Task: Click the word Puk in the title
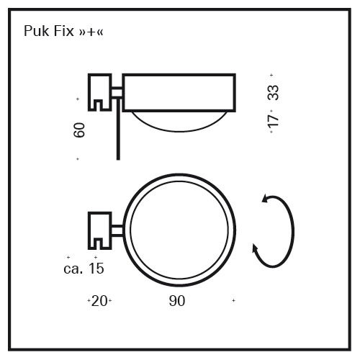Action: click(36, 31)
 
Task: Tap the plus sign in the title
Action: click(91, 32)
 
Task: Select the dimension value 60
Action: click(79, 130)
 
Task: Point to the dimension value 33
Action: click(273, 93)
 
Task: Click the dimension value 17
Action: click(273, 122)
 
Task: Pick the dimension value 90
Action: click(177, 301)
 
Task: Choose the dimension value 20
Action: click(99, 301)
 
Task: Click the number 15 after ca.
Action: click(96, 269)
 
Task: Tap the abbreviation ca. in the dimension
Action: click(73, 269)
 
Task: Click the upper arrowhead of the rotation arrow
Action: click(266, 199)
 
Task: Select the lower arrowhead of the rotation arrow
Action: click(255, 248)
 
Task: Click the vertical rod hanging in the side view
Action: click(118, 129)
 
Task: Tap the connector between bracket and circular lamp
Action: click(117, 230)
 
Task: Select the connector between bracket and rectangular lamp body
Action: click(117, 93)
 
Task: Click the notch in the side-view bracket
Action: click(99, 105)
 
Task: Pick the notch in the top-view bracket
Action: click(99, 243)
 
